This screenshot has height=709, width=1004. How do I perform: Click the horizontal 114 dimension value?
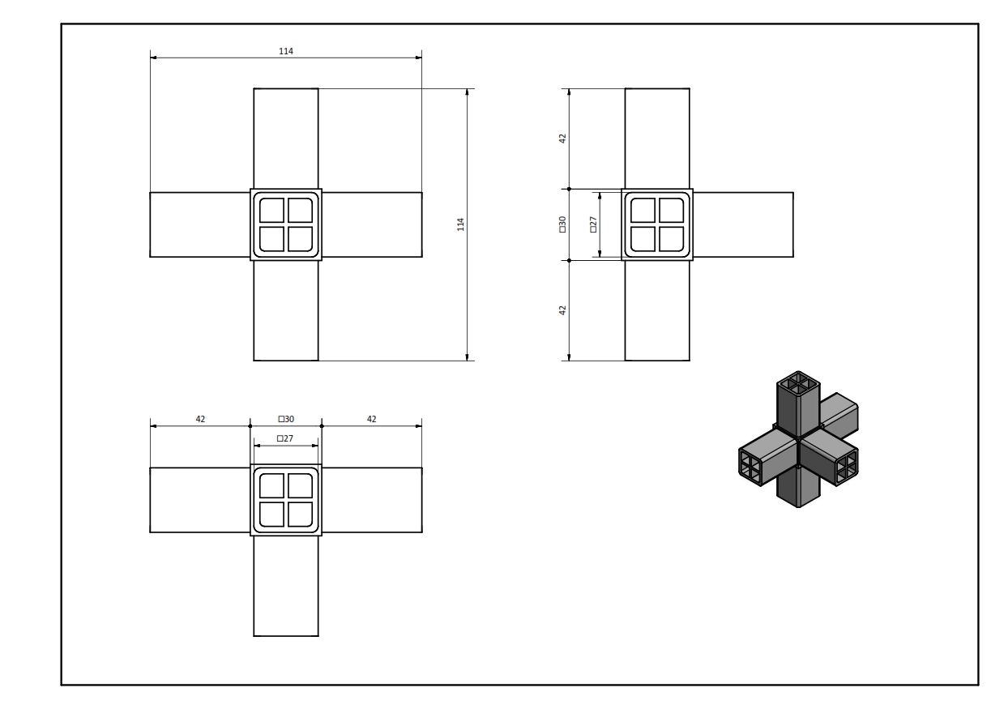(x=286, y=51)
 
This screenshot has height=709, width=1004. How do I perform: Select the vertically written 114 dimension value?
(x=460, y=224)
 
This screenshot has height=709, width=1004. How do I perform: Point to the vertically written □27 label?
(x=593, y=224)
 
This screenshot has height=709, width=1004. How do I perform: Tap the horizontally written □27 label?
(x=285, y=438)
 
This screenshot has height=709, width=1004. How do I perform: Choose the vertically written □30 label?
(x=562, y=224)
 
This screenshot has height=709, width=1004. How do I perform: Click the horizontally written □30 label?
(x=286, y=419)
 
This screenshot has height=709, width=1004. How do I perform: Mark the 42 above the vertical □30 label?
(x=562, y=139)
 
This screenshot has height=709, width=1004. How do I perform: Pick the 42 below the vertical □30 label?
(x=562, y=310)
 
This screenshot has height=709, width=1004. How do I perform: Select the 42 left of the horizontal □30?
(x=200, y=419)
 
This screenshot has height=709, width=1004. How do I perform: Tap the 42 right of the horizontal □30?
(x=372, y=419)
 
